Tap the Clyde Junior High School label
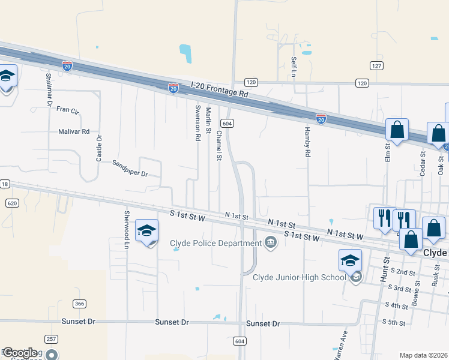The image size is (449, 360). point(300,277)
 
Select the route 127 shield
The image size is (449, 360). point(376,66)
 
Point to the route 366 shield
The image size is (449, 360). point(79,303)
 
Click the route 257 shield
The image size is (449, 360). point(51,339)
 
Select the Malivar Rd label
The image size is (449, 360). point(74,131)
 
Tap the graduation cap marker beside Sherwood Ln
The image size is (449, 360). point(146,232)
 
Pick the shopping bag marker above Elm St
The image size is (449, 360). point(397,130)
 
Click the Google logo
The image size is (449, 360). point(19,353)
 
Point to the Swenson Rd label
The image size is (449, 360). point(197,123)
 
